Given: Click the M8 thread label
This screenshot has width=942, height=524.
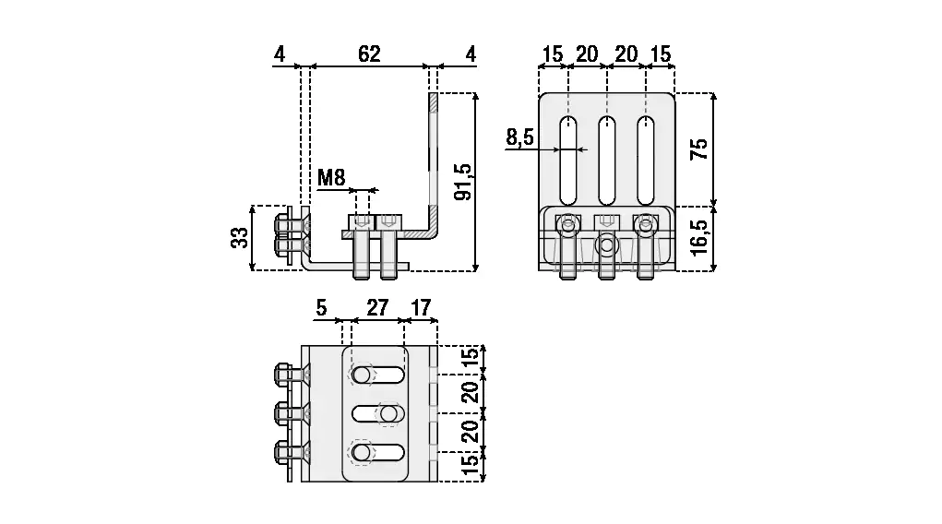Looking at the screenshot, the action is click(331, 178).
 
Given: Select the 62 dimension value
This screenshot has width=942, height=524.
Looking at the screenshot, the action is click(369, 54).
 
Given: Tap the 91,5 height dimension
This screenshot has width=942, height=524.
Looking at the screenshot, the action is click(463, 182).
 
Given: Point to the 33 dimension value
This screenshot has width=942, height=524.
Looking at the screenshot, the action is click(240, 237).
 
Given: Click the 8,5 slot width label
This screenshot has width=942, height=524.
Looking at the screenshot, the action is click(519, 137).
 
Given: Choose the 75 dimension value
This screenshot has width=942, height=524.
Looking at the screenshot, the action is click(699, 149).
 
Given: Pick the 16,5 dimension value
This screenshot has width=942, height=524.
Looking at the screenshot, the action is click(699, 237).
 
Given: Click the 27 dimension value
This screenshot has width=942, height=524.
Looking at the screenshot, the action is click(377, 308).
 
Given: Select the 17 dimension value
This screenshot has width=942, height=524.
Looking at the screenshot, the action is click(421, 308).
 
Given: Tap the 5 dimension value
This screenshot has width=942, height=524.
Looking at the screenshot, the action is click(321, 308).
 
